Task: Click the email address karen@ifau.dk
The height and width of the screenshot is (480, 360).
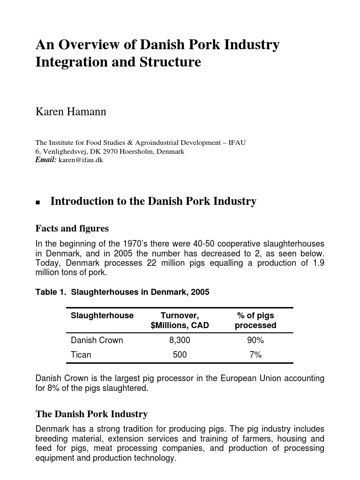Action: point(81,160)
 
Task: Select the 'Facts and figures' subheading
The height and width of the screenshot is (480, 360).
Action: point(72,228)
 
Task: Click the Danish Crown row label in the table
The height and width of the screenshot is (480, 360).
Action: point(97,340)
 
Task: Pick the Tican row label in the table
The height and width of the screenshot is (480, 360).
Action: point(81,355)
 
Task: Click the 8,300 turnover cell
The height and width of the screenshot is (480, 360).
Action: point(180,340)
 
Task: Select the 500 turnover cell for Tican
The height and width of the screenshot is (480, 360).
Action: point(180,355)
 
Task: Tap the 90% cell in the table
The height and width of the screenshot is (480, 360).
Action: point(255,340)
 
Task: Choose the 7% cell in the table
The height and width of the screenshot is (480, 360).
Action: point(255,355)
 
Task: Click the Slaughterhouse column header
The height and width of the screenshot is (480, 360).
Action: point(102,315)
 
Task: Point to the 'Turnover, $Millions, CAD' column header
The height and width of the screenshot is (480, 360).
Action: point(180,320)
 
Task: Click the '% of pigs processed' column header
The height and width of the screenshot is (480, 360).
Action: point(255,320)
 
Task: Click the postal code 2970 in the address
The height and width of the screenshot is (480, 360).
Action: point(111,151)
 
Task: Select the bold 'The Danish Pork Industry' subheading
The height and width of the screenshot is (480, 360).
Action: point(91,414)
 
